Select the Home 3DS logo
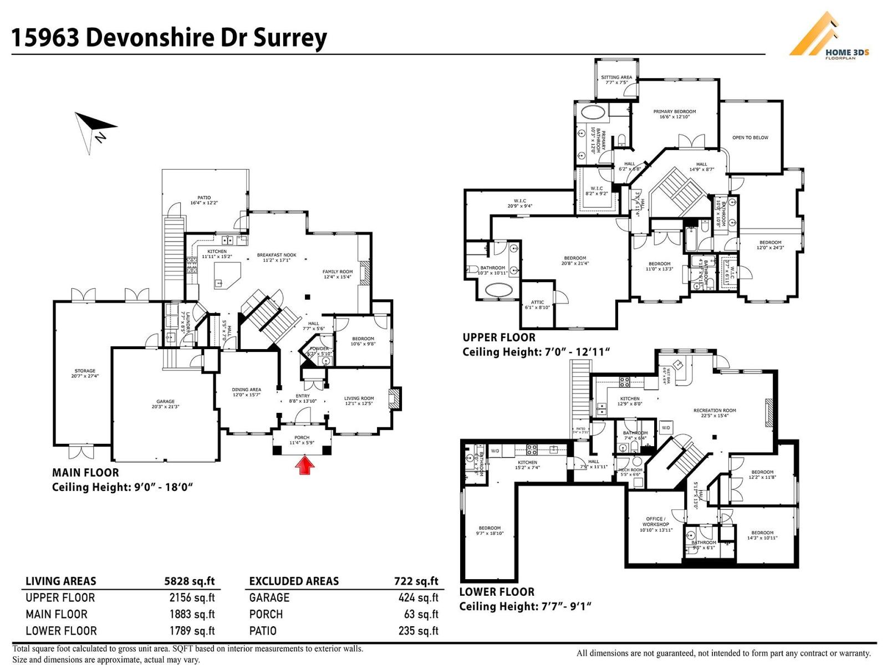click(829, 36)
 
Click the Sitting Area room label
click(616, 80)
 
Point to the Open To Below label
click(750, 137)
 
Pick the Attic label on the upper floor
click(537, 305)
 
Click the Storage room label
click(85, 373)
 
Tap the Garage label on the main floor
click(165, 404)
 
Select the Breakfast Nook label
click(277, 257)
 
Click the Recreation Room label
click(715, 413)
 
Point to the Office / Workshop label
click(656, 524)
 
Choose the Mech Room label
click(630, 472)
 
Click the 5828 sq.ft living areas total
click(189, 581)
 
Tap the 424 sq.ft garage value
click(418, 598)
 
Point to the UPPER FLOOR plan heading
click(499, 337)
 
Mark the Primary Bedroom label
click(674, 114)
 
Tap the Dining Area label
click(246, 392)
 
